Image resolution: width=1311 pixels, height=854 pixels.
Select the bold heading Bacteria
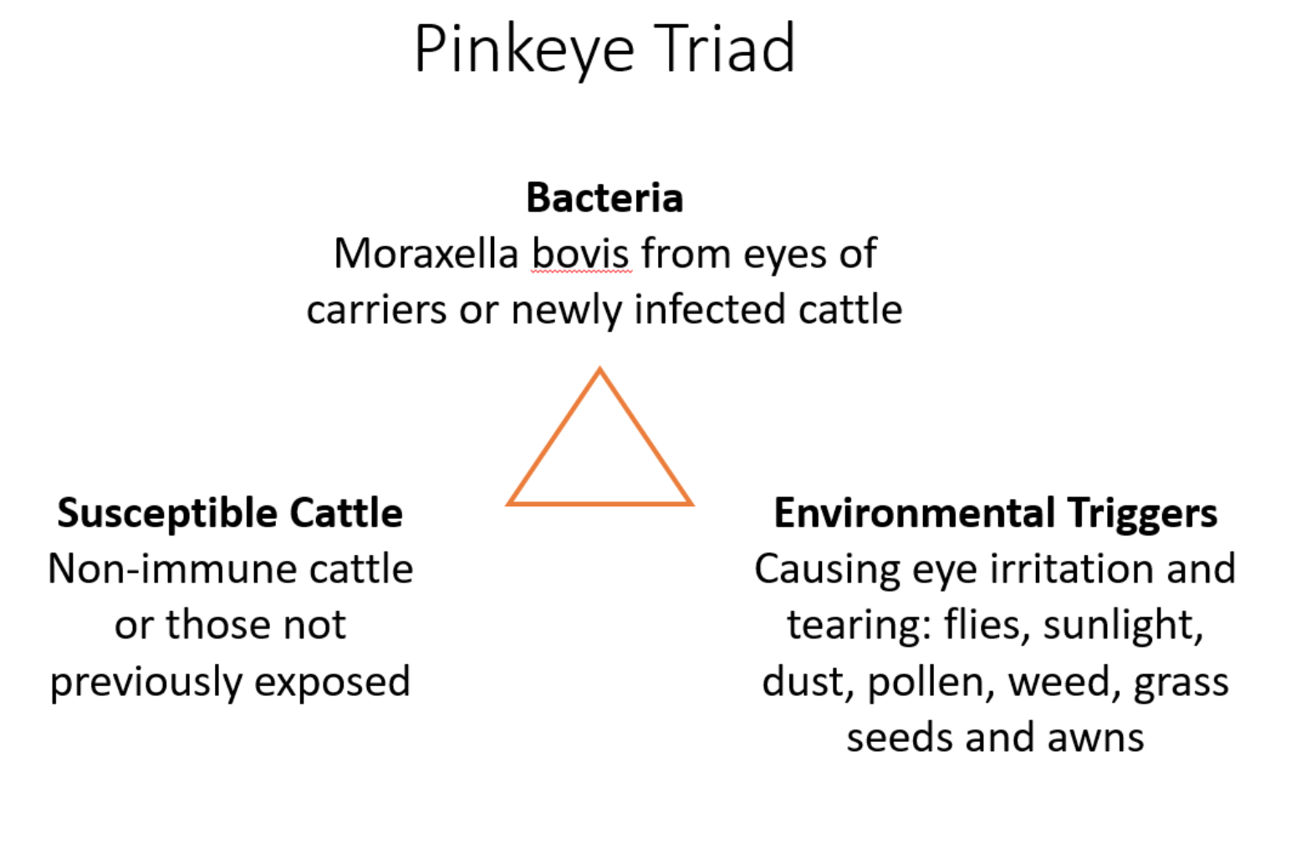(x=604, y=198)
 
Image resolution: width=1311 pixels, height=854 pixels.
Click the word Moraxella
(x=426, y=254)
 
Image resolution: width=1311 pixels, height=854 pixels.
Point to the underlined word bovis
(x=580, y=254)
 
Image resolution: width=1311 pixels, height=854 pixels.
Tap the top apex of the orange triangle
(x=599, y=369)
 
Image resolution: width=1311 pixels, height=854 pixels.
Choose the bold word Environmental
(x=914, y=512)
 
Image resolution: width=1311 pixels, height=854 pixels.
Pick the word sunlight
(x=1123, y=626)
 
